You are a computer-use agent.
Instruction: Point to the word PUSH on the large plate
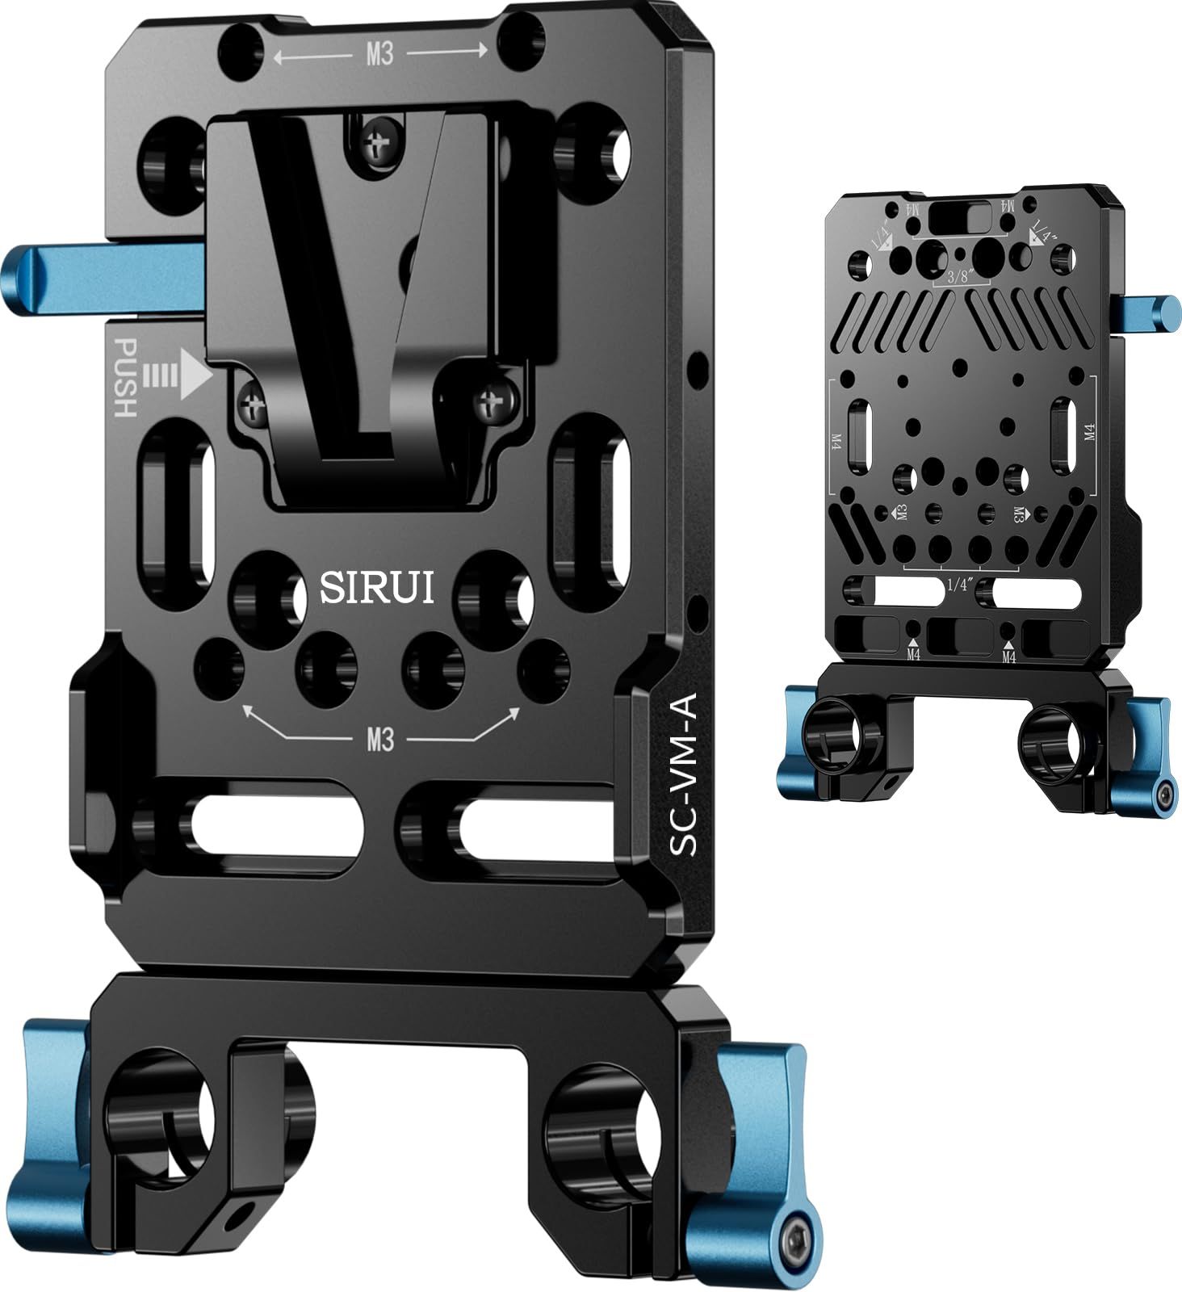(x=125, y=377)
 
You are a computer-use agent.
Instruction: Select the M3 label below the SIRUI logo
(x=379, y=739)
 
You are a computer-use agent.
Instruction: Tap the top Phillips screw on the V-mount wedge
(x=377, y=146)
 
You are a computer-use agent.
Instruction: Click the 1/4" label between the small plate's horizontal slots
(x=958, y=585)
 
